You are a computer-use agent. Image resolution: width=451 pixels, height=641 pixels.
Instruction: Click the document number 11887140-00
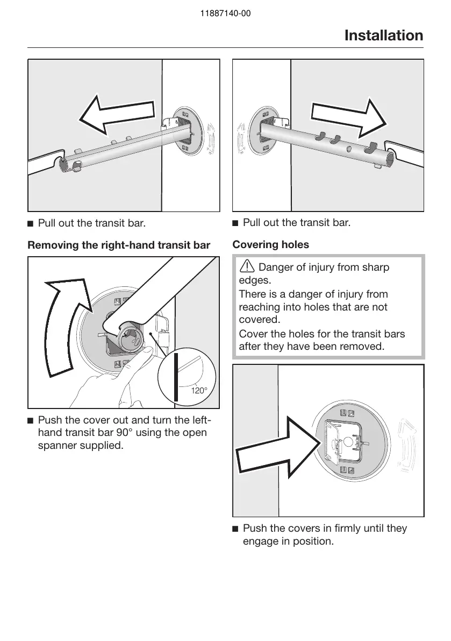coord(225,14)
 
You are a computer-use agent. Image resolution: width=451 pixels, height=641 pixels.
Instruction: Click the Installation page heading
coord(383,36)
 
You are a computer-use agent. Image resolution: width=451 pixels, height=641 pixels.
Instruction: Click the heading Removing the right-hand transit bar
coord(118,246)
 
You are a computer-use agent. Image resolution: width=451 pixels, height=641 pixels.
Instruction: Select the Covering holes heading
coord(270,245)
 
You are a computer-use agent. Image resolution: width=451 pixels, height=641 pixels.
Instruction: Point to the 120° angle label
coord(199,391)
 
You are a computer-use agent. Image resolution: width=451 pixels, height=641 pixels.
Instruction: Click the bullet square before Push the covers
coord(235,529)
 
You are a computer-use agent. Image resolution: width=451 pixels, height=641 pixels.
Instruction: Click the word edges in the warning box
coord(255,281)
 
